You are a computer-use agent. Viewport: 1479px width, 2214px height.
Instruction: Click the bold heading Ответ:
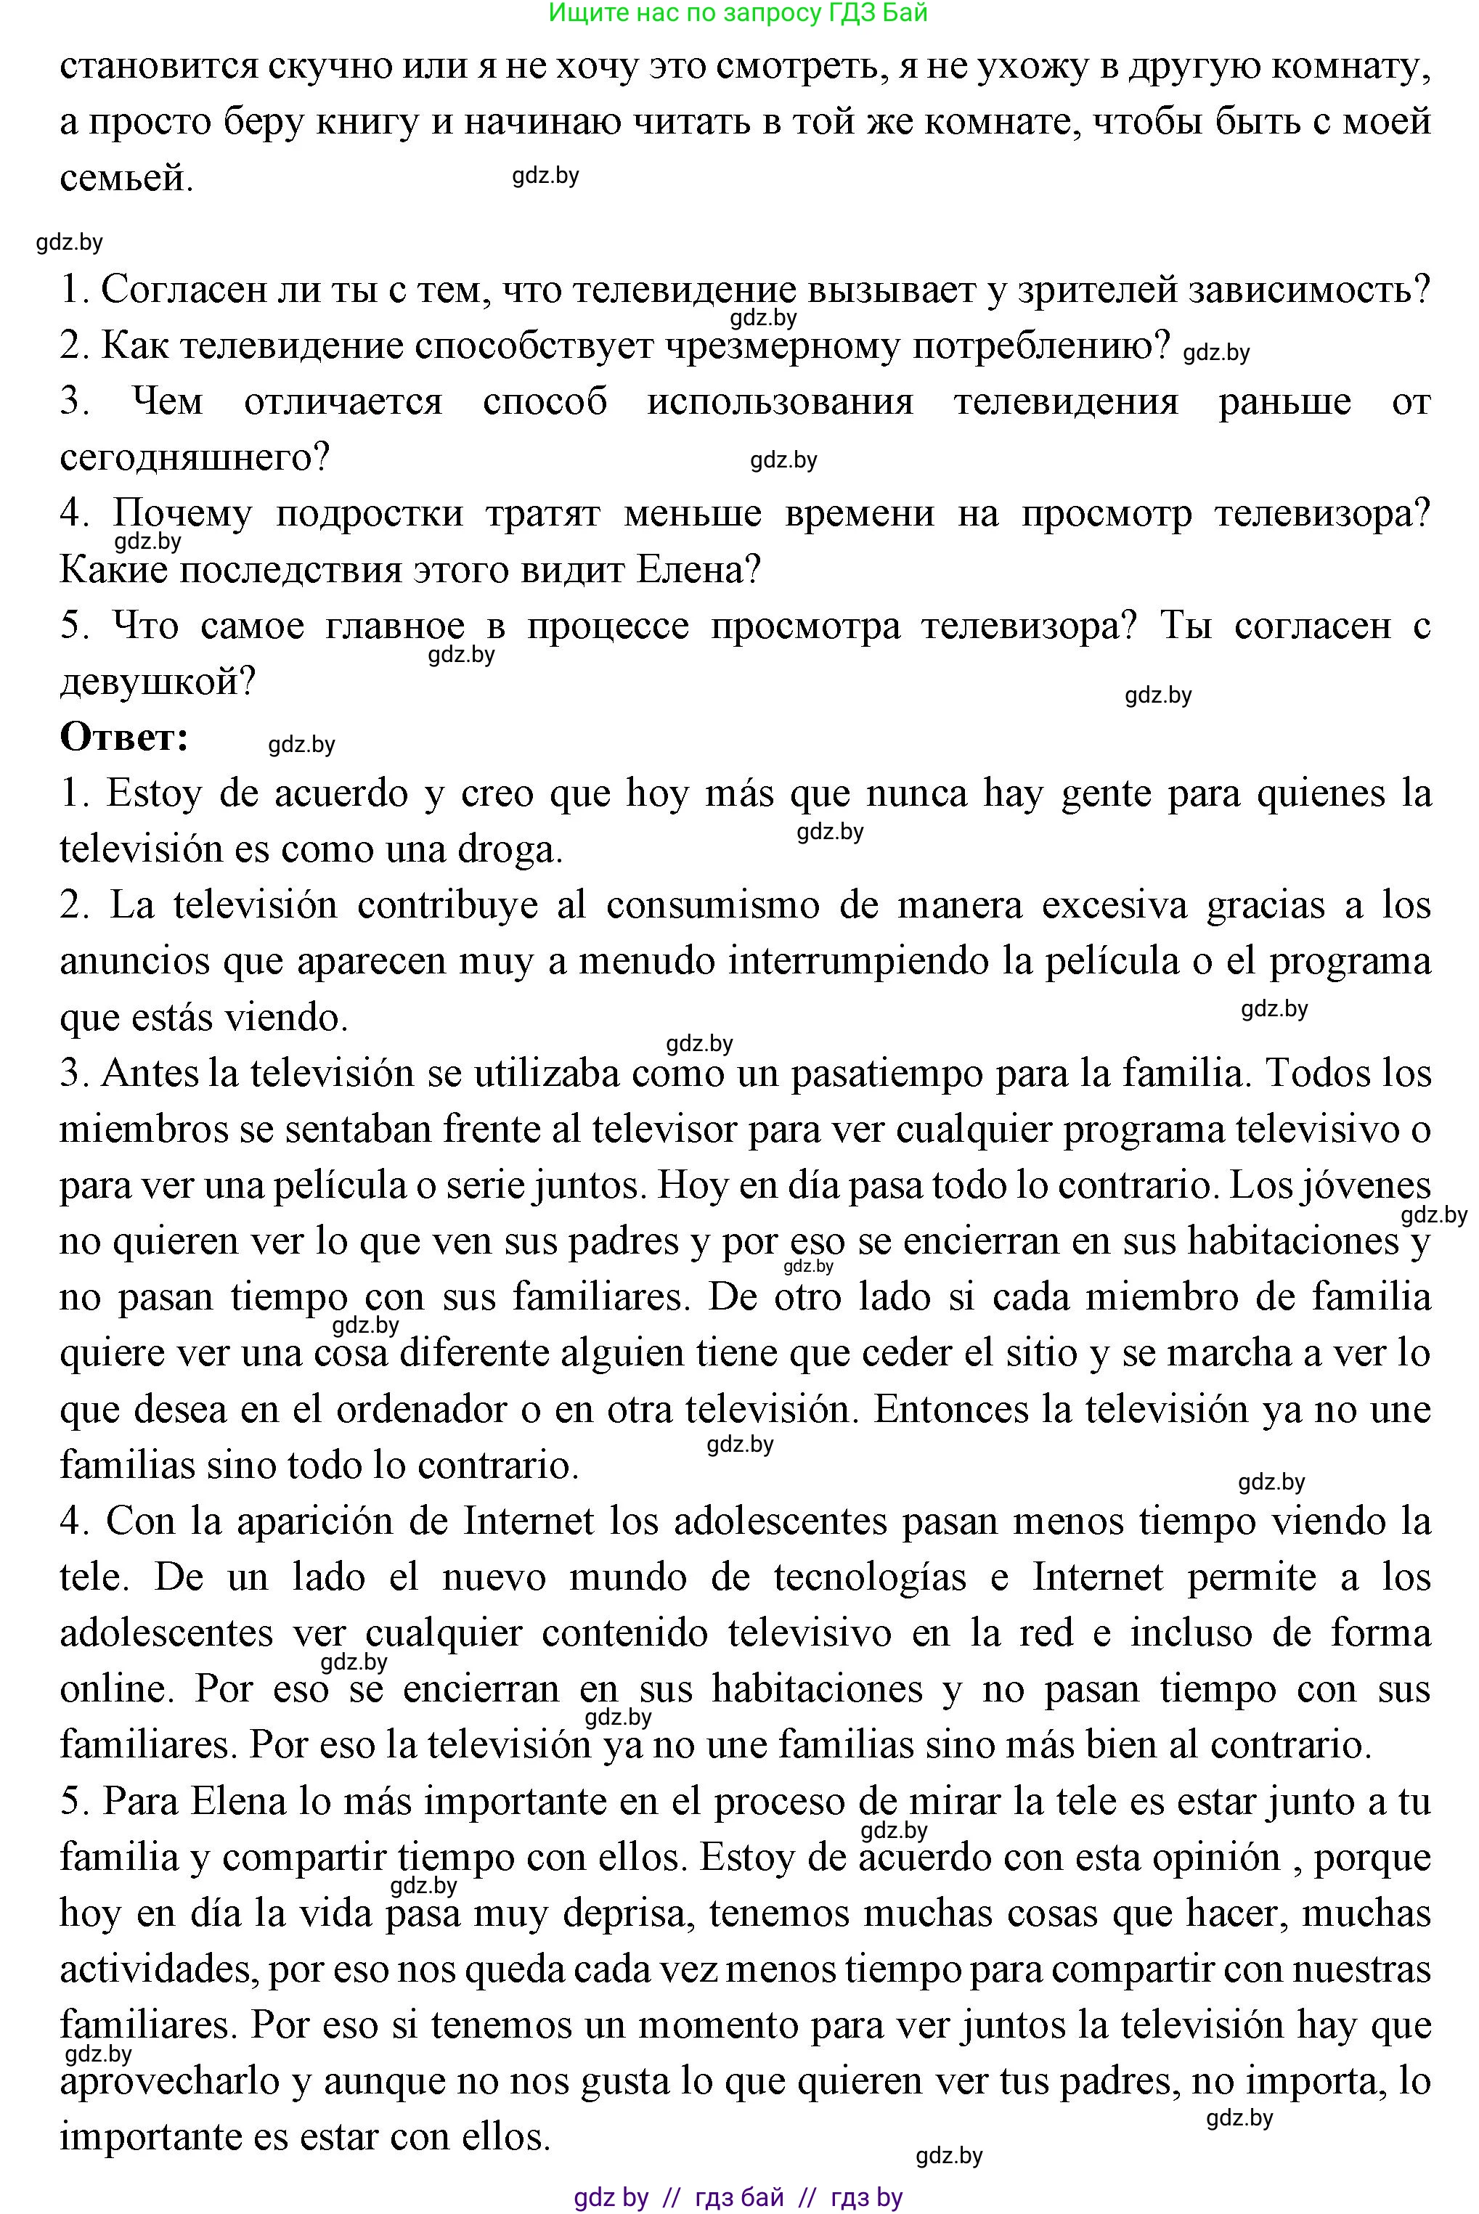(x=124, y=738)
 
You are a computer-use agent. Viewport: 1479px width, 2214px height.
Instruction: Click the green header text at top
(x=738, y=12)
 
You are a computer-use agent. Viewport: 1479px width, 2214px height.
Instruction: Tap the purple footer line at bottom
(x=738, y=2198)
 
